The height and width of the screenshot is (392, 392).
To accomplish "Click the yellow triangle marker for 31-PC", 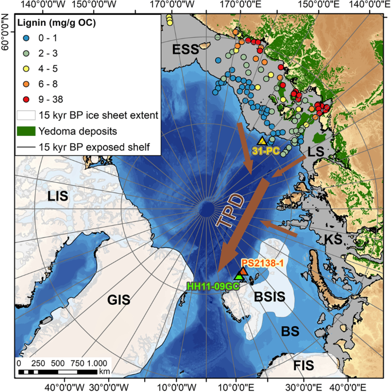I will point(262,141).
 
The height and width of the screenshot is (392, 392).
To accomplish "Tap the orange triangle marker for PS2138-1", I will point(243,271).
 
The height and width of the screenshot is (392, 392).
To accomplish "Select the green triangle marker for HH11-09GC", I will point(239,277).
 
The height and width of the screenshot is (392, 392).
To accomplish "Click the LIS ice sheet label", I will point(58,197).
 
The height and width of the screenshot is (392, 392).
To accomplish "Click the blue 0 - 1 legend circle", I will point(26,38).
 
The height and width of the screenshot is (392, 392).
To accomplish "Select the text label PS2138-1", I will point(263,262).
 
